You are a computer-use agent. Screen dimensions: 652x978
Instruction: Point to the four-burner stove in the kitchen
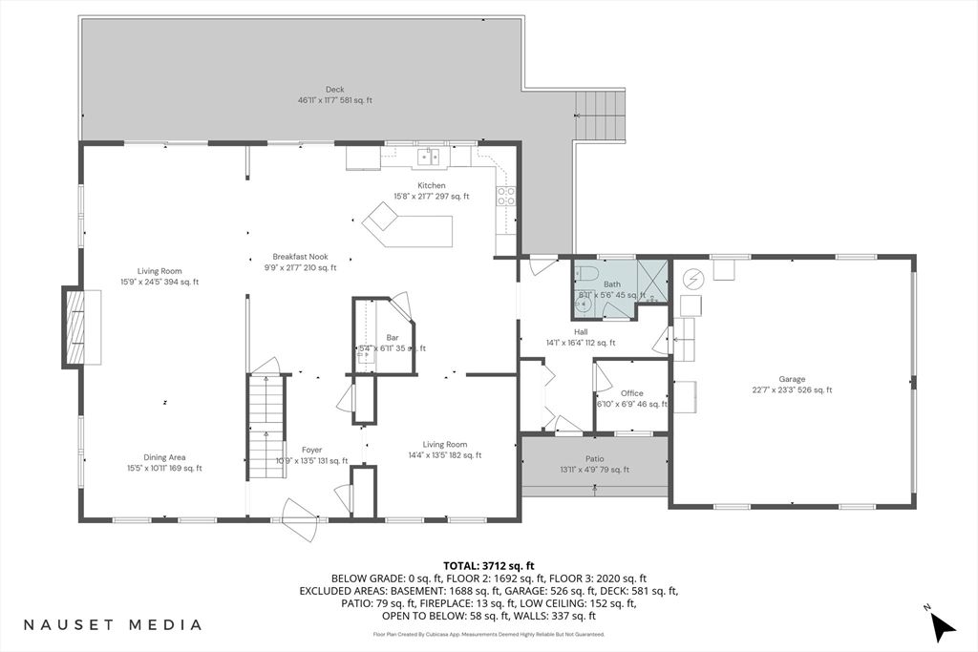coord(505,197)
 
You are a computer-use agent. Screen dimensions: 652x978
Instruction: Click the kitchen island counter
coord(409,229)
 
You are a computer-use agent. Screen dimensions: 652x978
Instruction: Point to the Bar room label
coord(392,338)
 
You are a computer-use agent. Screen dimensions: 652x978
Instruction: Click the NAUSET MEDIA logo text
coord(114,624)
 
